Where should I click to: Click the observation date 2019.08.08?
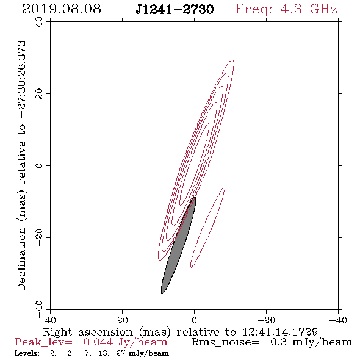coord(62,9)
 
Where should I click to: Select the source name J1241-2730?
coord(175,9)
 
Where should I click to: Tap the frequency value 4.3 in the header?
coord(291,9)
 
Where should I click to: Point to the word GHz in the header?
coord(323,9)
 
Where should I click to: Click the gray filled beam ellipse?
coord(179,246)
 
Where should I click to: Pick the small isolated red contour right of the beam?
coord(208,228)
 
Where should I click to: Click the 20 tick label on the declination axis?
coord(39,94)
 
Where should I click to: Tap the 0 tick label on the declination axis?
coord(39,165)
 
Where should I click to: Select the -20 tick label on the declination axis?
coord(39,237)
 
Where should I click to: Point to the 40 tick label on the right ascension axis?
coord(50,320)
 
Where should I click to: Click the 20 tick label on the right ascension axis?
coord(123,320)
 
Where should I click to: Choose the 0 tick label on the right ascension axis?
coord(194,320)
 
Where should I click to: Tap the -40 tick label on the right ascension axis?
coord(338,320)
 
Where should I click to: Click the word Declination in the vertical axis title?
coord(21,259)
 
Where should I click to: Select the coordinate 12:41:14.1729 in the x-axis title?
coord(280,332)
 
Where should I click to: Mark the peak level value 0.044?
coord(98,342)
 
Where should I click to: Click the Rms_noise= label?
coord(225,343)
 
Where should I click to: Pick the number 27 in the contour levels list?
coord(121,353)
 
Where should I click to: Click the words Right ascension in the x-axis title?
coord(88,332)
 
